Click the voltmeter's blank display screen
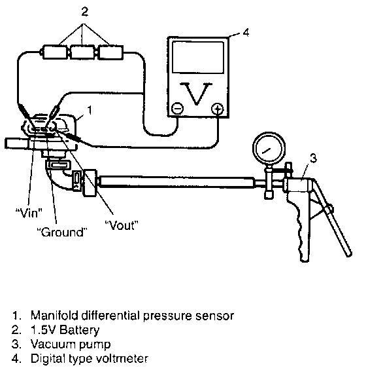(x=198, y=57)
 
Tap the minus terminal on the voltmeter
(x=177, y=109)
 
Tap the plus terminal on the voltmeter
(x=218, y=109)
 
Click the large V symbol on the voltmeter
(x=196, y=94)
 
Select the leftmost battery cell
(x=55, y=52)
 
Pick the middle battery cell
(x=83, y=52)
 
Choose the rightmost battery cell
(x=110, y=52)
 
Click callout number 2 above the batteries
(x=84, y=11)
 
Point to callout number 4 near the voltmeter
(x=246, y=33)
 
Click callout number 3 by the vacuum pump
(x=313, y=158)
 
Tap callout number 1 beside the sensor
(x=90, y=110)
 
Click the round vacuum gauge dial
(x=269, y=148)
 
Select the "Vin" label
(x=29, y=213)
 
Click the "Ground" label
(x=62, y=232)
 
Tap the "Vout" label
(x=121, y=225)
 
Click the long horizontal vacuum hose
(x=176, y=182)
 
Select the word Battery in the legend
(x=80, y=330)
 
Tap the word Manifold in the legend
(x=54, y=316)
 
